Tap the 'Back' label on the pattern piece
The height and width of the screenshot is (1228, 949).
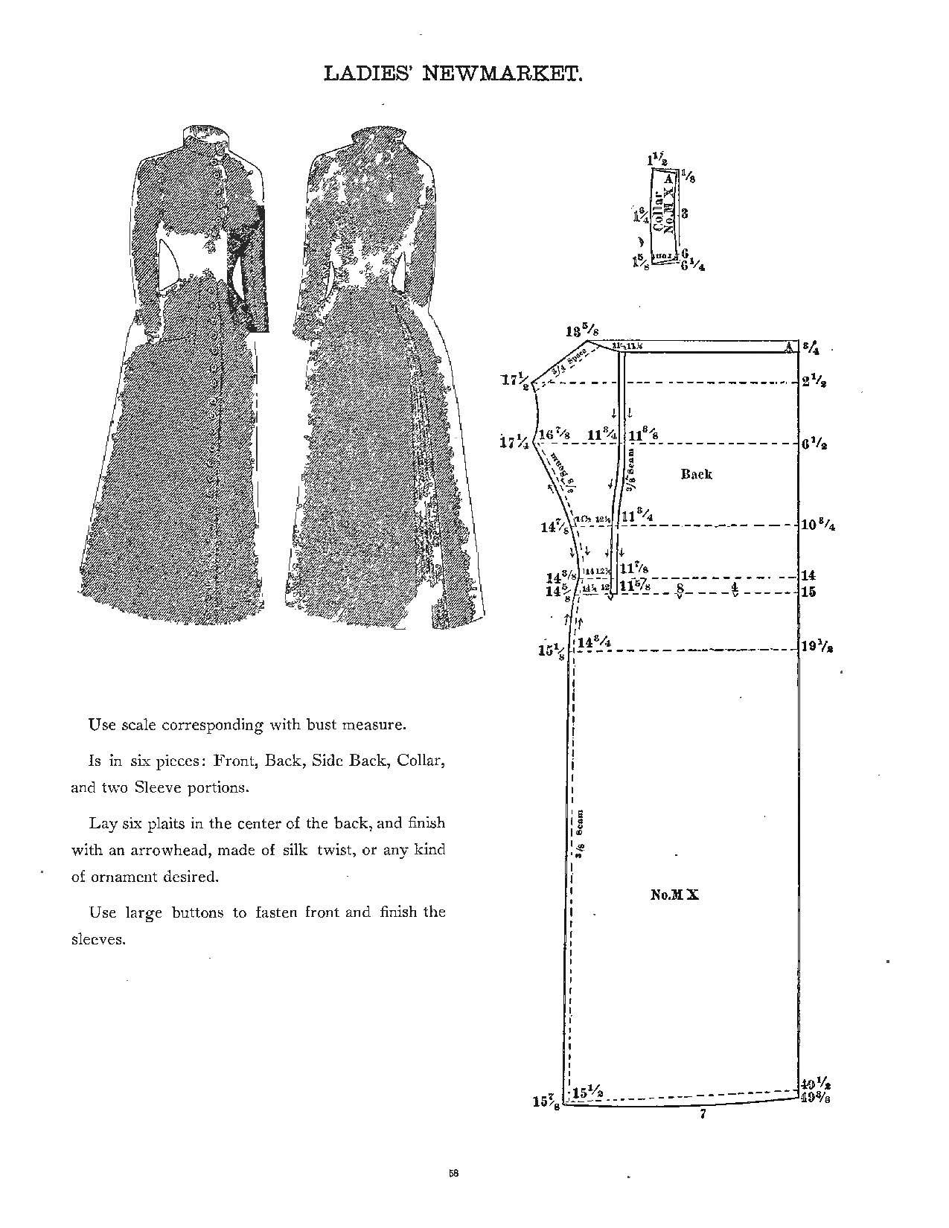coord(696,474)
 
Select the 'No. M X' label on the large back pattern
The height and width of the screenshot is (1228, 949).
coord(674,895)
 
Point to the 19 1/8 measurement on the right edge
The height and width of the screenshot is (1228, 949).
coord(816,647)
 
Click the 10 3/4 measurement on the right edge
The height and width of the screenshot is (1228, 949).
coord(817,524)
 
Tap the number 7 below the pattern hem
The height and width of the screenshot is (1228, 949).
coord(702,1114)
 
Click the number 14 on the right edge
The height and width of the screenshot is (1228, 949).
coord(808,575)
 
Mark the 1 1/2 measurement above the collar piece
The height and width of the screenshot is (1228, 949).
coord(657,159)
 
